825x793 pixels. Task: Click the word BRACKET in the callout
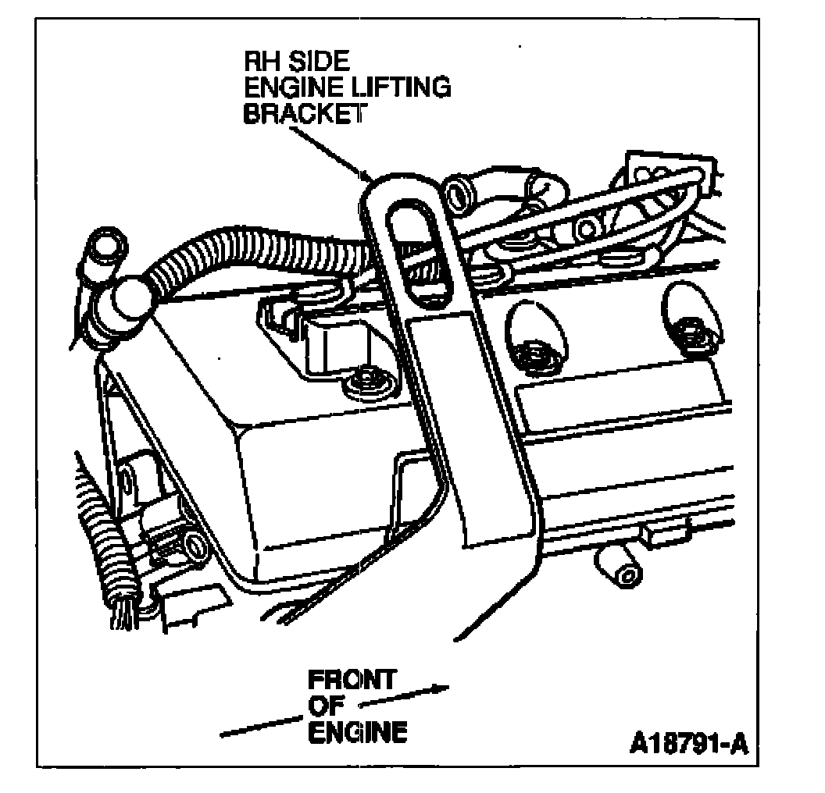(304, 114)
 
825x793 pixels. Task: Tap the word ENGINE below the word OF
(358, 732)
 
